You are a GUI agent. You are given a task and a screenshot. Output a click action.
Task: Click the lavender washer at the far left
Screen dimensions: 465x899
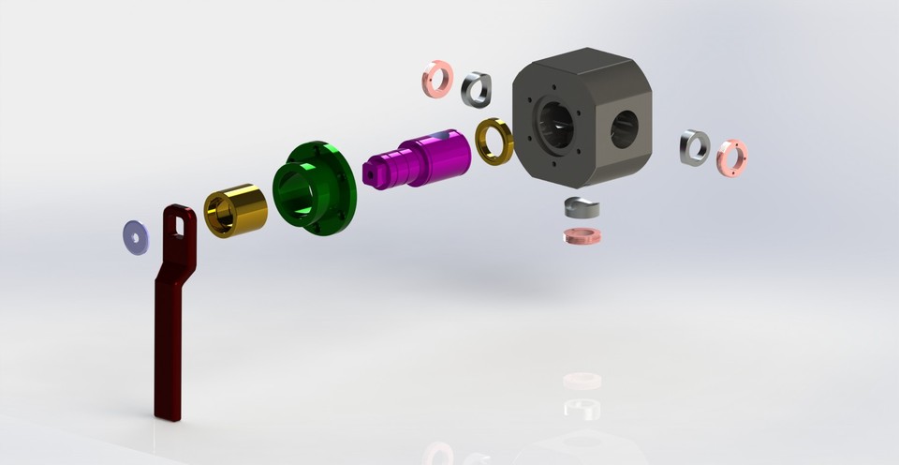(137, 236)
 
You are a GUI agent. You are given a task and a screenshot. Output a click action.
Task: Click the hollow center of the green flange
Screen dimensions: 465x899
(299, 191)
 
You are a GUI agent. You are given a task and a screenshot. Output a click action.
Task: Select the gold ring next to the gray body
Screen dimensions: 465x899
(494, 141)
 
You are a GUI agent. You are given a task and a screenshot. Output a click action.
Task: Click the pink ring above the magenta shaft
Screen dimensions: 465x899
(437, 79)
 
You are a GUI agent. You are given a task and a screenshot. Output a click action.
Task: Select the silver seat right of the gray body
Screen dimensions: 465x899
(694, 147)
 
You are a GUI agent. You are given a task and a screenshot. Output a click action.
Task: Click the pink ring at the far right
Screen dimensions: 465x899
(731, 157)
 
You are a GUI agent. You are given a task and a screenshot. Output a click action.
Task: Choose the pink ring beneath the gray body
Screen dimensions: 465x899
(582, 235)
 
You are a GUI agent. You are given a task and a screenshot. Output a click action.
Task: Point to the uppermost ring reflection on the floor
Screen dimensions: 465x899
(582, 380)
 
